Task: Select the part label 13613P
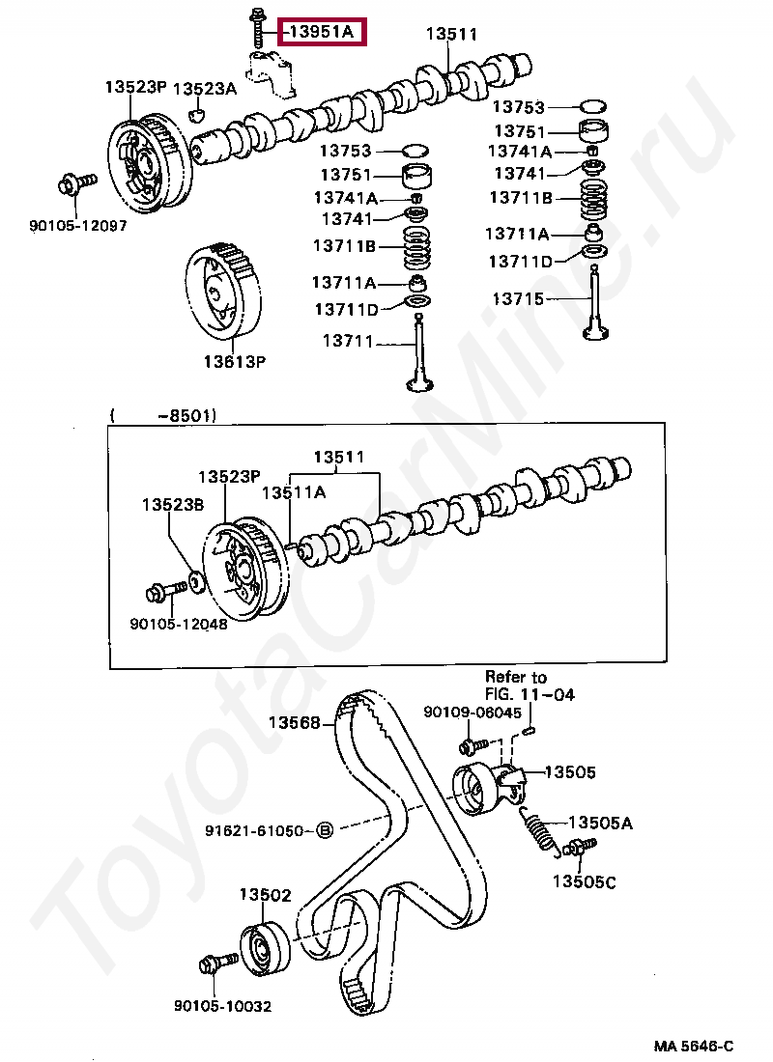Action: point(234,362)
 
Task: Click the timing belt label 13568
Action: point(294,722)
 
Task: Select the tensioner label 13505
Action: point(570,772)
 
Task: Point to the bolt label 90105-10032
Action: point(223,1006)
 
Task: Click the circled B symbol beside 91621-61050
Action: point(325,830)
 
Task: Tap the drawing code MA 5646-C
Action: point(693,1047)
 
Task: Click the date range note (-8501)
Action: point(163,416)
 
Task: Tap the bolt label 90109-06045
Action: point(472,713)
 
